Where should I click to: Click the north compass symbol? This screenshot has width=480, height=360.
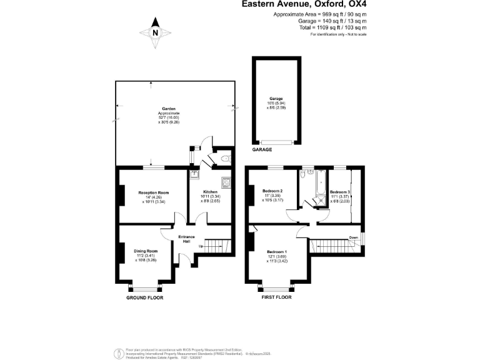(156, 32)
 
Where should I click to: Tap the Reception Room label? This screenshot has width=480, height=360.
(154, 192)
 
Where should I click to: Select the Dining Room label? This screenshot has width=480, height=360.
(144, 251)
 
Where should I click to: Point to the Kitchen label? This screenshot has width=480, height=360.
(210, 192)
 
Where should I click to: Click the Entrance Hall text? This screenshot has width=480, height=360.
(187, 239)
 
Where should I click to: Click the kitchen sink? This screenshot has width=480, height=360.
(194, 173)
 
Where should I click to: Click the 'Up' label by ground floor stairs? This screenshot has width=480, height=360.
(201, 246)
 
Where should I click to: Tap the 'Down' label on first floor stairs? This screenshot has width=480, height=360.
(353, 237)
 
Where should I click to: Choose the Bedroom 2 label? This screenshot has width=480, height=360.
(273, 191)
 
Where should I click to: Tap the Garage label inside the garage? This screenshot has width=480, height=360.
(276, 99)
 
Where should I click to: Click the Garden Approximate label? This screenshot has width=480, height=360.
(168, 112)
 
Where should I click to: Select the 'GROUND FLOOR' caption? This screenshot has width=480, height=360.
(144, 297)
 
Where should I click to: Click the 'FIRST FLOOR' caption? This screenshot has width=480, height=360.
(276, 297)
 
